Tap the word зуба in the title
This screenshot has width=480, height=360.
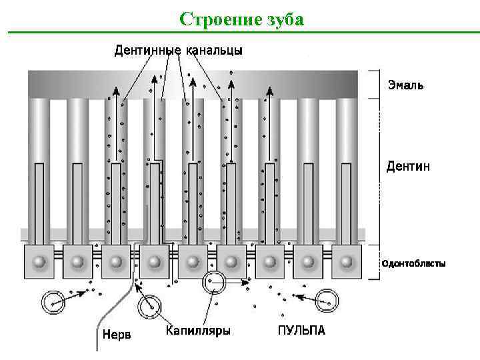click(x=285, y=19)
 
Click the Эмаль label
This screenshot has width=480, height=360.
click(x=405, y=86)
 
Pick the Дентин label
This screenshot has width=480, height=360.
click(x=408, y=166)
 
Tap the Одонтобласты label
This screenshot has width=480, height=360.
click(x=413, y=263)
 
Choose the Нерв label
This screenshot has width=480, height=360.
click(x=117, y=334)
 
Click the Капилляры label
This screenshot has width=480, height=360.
click(x=198, y=330)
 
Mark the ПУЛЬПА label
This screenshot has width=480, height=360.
click(x=301, y=330)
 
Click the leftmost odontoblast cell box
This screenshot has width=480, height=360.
click(x=39, y=261)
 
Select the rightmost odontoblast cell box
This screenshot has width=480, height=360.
click(x=346, y=261)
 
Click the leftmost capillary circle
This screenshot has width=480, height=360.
click(x=53, y=303)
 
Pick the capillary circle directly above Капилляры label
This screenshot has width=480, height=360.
click(x=150, y=305)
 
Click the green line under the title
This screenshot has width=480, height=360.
click(x=243, y=32)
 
